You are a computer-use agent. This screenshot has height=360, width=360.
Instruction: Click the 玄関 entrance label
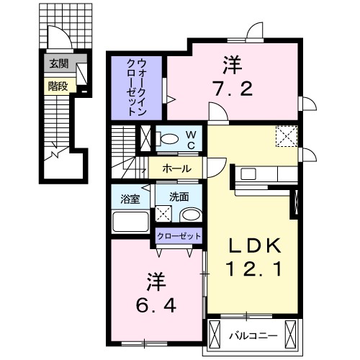58,64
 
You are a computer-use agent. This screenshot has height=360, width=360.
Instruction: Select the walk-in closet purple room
138,86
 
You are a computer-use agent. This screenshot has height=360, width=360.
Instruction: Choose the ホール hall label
177,169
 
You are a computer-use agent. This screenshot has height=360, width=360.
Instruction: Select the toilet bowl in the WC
171,138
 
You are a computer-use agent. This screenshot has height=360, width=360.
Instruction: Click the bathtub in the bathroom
130,221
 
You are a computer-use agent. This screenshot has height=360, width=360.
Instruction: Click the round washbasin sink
191,215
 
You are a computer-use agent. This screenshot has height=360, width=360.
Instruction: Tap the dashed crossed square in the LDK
287,135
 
